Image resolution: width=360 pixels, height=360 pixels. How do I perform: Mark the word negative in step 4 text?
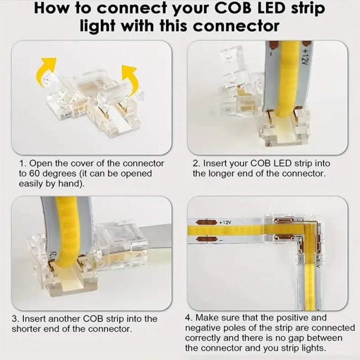[204, 328]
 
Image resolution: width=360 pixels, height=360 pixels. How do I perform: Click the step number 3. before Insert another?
[15, 318]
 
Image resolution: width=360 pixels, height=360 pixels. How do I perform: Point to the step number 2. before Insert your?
[196, 163]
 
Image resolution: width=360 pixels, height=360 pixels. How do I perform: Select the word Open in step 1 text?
[39, 163]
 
